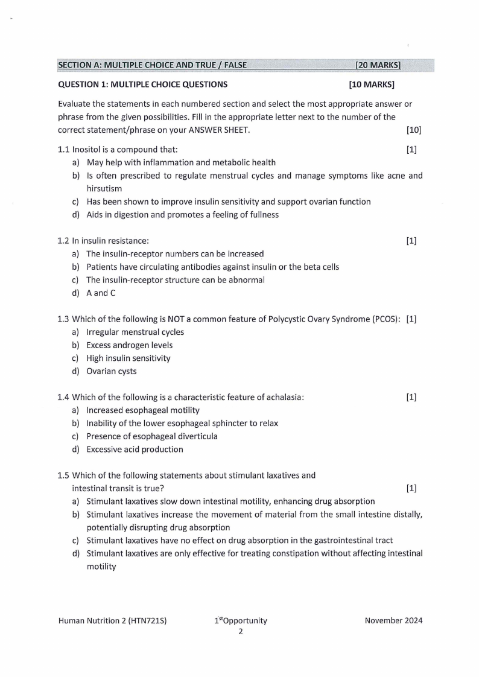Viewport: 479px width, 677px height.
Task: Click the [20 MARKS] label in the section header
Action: pyautogui.click(x=378, y=65)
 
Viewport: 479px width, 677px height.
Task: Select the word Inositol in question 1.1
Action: pyautogui.click(x=86, y=149)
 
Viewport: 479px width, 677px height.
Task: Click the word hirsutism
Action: pyautogui.click(x=104, y=188)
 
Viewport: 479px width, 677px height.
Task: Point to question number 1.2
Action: pyautogui.click(x=63, y=241)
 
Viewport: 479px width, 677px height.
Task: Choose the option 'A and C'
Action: pyautogui.click(x=101, y=293)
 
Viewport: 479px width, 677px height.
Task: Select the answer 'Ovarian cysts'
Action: pyautogui.click(x=112, y=371)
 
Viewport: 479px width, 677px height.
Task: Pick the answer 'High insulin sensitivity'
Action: pyautogui.click(x=128, y=358)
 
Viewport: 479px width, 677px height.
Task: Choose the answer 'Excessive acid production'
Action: pyautogui.click(x=135, y=449)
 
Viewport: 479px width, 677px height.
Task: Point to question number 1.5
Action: pyautogui.click(x=63, y=475)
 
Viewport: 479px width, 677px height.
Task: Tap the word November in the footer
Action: pyautogui.click(x=384, y=620)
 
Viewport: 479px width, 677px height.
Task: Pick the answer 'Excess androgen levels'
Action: pyautogui.click(x=129, y=345)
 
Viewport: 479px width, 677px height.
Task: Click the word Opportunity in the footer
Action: pyautogui.click(x=244, y=620)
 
